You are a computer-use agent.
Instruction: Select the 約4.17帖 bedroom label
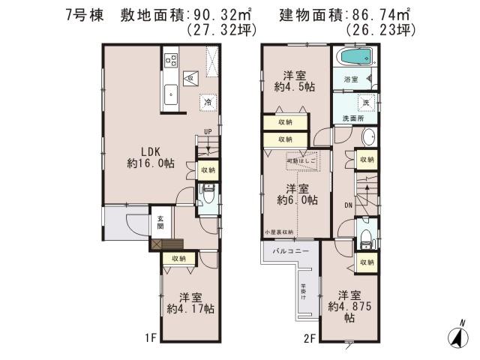190,302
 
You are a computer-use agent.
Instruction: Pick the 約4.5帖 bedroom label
294,80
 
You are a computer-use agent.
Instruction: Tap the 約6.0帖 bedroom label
296,194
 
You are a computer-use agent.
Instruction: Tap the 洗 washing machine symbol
367,102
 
